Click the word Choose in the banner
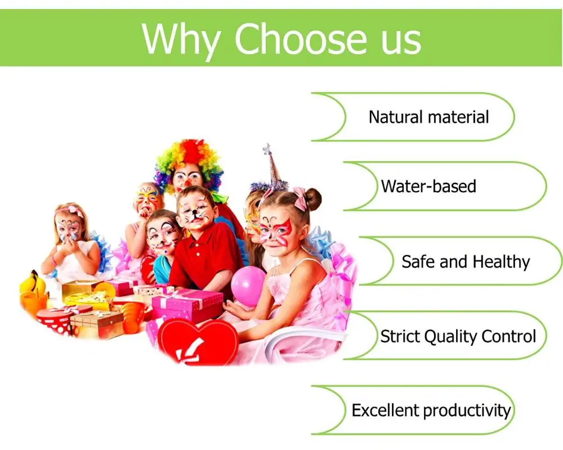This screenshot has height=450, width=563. pyautogui.click(x=301, y=38)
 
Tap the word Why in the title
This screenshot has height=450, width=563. pyautogui.click(x=181, y=40)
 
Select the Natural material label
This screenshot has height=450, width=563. pyautogui.click(x=428, y=117)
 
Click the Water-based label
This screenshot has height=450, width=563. pyautogui.click(x=428, y=186)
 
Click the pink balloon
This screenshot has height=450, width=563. pyautogui.click(x=248, y=286)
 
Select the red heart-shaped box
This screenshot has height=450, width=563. pyautogui.click(x=198, y=342)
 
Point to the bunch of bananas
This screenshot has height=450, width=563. pyautogui.click(x=32, y=282)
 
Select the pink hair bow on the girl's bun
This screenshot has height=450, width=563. pyautogui.click(x=300, y=198)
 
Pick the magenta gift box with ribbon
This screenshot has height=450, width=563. pyautogui.click(x=187, y=305)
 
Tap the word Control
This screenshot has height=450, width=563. pyautogui.click(x=509, y=336)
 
